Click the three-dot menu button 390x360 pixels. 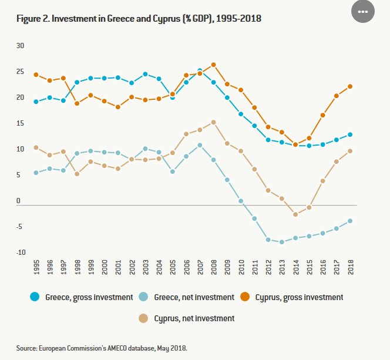coord(362,12)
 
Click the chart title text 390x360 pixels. coord(139,19)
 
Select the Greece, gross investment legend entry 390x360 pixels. coord(82,297)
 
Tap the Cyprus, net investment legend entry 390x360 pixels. coord(188,318)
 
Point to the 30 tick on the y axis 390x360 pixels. coord(20,46)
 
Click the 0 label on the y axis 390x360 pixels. coord(18,201)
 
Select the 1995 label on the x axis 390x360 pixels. coord(36,269)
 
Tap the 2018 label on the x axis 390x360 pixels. coord(350,269)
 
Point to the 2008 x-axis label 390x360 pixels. coord(214,269)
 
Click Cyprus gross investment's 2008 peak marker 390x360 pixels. coord(214,65)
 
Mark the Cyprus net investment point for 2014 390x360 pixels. coord(295,214)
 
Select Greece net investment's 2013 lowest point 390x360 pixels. coord(282,242)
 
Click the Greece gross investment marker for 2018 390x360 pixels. coord(350,134)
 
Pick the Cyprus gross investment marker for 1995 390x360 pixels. coord(36,75)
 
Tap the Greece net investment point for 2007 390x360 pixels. coord(200,145)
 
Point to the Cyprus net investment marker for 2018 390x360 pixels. coord(350,151)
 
